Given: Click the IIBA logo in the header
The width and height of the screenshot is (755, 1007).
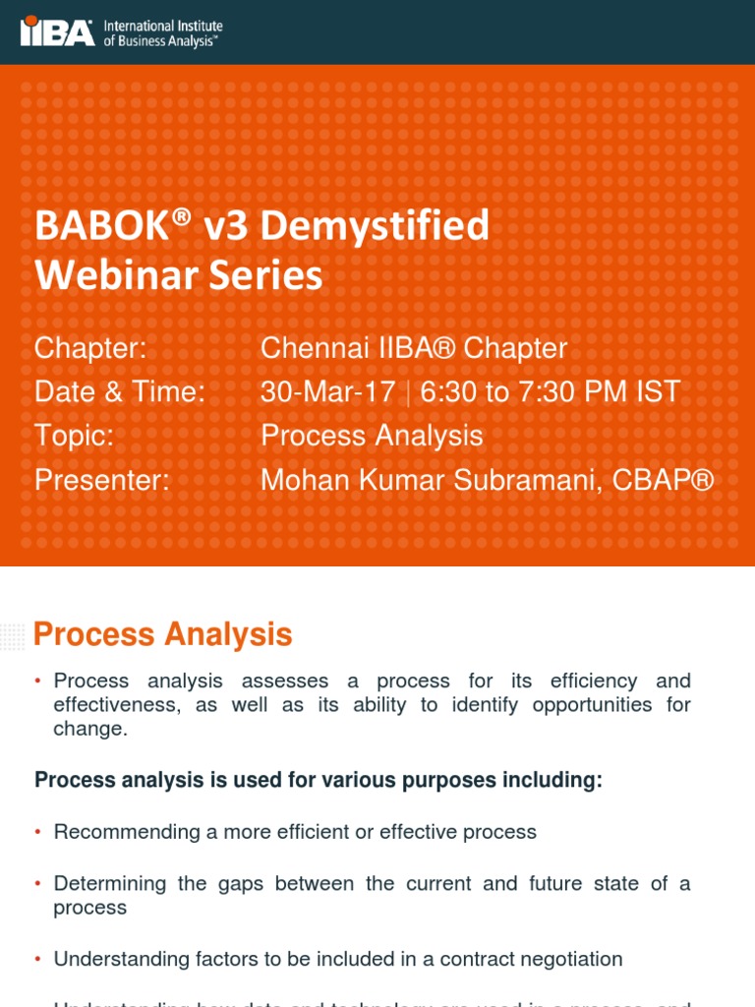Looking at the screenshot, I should (58, 31).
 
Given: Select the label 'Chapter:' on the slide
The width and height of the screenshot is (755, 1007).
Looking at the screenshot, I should (90, 348).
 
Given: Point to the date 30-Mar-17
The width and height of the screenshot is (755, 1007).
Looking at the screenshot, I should (327, 392).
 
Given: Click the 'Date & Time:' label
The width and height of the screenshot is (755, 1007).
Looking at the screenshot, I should (120, 392).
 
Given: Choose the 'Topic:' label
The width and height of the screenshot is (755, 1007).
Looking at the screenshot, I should (75, 436).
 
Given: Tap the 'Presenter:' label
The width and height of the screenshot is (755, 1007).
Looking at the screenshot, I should (102, 480).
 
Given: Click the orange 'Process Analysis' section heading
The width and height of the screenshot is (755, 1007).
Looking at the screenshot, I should (163, 635).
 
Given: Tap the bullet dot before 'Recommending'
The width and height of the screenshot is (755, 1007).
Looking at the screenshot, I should (37, 833).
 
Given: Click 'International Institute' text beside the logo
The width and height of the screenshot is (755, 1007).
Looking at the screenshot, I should (163, 26).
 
